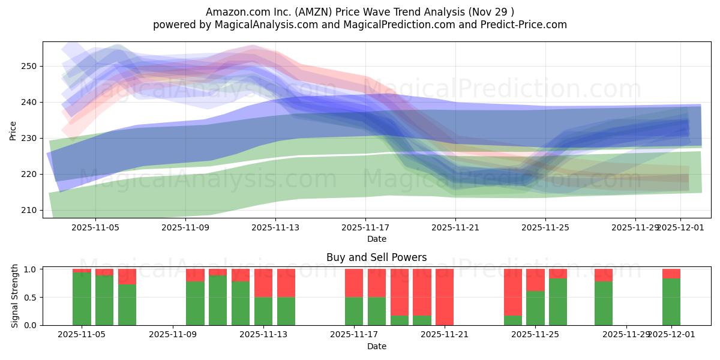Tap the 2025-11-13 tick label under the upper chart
click(275, 228)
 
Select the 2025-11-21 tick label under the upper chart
click(455, 228)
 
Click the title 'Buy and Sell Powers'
click(376, 257)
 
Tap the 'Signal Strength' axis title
click(15, 297)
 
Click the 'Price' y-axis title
click(13, 130)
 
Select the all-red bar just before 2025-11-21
click(445, 297)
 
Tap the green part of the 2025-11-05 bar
click(82, 299)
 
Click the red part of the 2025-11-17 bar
click(354, 283)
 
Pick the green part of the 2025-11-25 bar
click(535, 308)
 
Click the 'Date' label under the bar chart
click(376, 346)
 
